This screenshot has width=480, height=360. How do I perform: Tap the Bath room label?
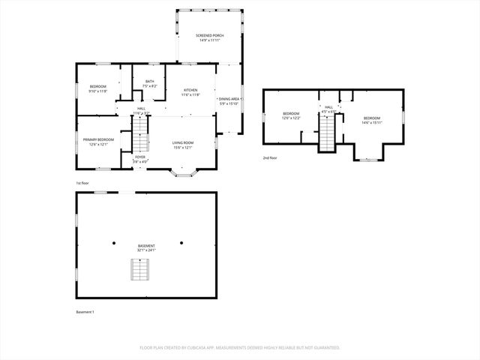pos(150,83)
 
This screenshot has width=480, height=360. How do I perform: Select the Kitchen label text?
pos(190,92)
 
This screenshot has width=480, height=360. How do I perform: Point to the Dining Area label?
pos(229,100)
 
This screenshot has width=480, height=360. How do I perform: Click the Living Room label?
pos(183,145)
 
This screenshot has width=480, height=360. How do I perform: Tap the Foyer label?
pos(140,159)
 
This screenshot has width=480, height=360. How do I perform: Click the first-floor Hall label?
pos(141,110)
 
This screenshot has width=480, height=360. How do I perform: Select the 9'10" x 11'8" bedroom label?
pos(98,89)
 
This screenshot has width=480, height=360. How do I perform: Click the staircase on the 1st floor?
pos(140,142)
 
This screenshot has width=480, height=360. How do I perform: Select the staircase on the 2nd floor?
pos(328,134)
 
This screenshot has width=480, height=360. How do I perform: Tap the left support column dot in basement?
pos(115,242)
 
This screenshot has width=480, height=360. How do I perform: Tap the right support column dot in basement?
pos(181,242)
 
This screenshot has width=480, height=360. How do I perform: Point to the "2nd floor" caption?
pos(270,158)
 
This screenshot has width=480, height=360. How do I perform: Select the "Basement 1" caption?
pos(85,311)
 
